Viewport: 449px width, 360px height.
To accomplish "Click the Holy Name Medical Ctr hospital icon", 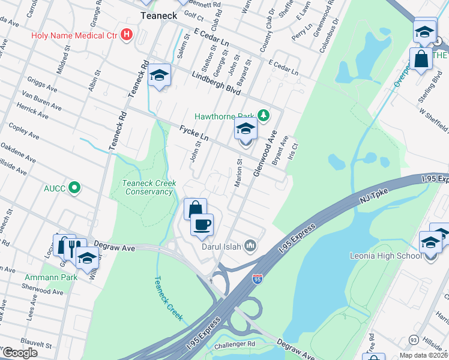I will coord(126,34).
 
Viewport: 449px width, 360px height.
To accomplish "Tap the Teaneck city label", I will coord(157,16).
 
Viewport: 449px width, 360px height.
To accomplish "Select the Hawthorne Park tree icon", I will coord(262,115).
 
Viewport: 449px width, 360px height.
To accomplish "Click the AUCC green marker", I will coord(74,188).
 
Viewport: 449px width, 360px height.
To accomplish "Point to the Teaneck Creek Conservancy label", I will coord(147,187).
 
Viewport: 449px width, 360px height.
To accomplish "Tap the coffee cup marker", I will coord(202,224).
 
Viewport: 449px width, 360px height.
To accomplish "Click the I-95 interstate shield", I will coord(256,280).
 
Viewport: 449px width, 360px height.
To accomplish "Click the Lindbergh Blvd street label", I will coord(216,85).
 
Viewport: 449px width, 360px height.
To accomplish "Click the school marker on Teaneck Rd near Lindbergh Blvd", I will coord(159,75).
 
